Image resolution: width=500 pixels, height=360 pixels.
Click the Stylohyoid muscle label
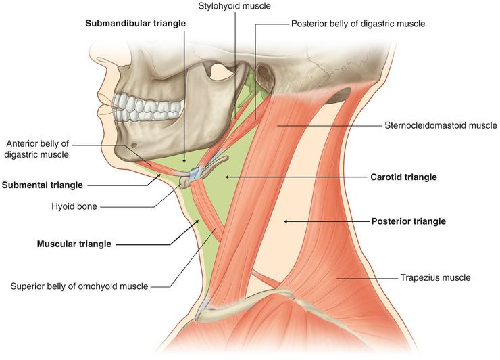[x=234, y=5]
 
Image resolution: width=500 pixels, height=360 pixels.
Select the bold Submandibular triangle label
[x=135, y=23]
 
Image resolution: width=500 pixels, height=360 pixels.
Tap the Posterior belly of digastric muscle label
[x=358, y=24]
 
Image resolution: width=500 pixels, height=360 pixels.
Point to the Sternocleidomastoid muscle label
[x=441, y=125]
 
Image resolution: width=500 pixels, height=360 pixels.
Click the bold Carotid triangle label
[x=403, y=177]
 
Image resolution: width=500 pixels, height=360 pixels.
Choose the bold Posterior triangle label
[x=409, y=221]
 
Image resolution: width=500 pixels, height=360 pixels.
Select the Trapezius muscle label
[x=435, y=277]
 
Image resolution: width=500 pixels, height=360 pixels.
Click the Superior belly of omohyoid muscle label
[x=80, y=286]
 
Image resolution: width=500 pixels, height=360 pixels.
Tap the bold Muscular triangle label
[x=74, y=244]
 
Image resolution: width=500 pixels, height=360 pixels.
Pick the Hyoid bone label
[x=74, y=206]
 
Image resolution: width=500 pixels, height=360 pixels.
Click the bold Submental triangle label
[x=43, y=185]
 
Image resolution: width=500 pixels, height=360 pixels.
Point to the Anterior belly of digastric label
[x=37, y=149]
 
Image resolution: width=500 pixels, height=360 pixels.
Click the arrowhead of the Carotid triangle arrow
[x=227, y=177]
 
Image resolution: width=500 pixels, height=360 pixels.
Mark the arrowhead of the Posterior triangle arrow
[x=286, y=221]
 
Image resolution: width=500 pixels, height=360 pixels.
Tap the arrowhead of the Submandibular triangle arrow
[x=184, y=161]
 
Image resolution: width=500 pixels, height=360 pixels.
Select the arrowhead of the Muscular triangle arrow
[x=198, y=221]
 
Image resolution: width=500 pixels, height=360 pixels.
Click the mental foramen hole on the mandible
[x=134, y=145]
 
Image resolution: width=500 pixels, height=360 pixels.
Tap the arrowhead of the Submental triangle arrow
[x=159, y=175]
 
